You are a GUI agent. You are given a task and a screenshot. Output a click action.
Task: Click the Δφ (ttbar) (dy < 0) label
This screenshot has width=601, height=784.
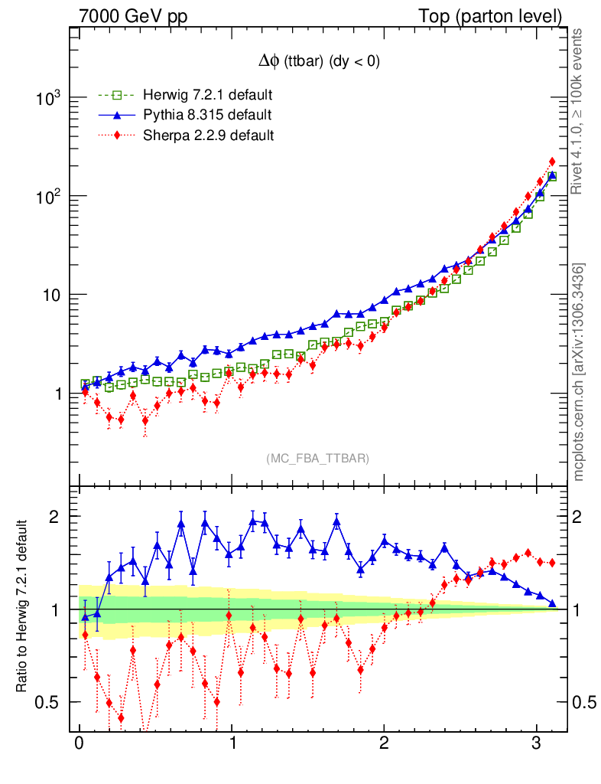coord(318,63)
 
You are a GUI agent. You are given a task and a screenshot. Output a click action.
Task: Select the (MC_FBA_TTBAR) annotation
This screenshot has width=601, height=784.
coord(318,458)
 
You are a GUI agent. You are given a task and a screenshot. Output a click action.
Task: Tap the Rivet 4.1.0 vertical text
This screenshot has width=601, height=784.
coord(578,111)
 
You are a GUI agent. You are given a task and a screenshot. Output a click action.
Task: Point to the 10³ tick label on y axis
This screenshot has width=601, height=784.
coord(47,99)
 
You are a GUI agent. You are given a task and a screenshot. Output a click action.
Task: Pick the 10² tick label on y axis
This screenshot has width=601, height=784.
coord(47,197)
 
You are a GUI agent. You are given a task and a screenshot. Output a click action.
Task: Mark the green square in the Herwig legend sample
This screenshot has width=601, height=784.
coord(116,96)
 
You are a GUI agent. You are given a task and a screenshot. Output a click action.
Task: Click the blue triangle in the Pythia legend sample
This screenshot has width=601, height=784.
coord(116,115)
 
